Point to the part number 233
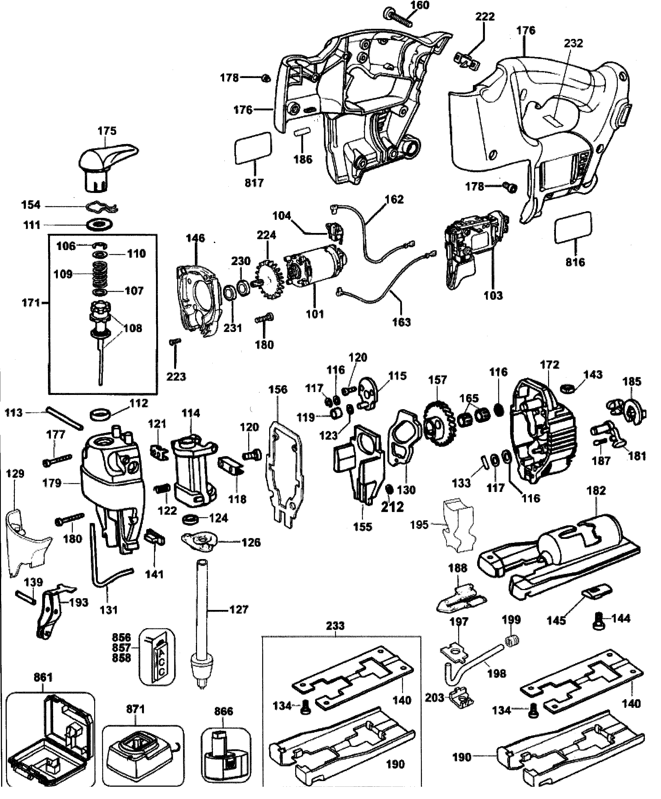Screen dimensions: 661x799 (x=335, y=626)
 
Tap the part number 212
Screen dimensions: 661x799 (x=392, y=506)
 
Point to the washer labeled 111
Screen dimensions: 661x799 (x=100, y=225)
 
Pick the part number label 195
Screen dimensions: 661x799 (x=419, y=525)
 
